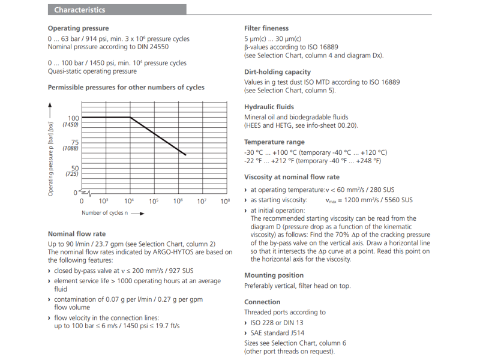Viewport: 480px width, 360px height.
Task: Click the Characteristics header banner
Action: [x=116, y=10]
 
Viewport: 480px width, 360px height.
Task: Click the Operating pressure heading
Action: [x=78, y=28]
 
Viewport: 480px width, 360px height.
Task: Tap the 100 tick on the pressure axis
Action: [x=73, y=118]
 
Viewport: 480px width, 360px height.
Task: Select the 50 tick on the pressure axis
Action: [x=74, y=167]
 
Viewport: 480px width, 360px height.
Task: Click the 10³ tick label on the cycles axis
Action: [x=103, y=201]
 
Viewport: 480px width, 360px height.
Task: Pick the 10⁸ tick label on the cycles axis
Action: [x=225, y=201]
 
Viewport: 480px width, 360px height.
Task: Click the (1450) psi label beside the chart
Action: [x=71, y=124]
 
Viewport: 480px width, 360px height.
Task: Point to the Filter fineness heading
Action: [x=266, y=28]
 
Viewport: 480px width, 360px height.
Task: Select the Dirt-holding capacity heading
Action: [x=277, y=72]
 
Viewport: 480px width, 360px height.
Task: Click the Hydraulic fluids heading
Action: [x=269, y=107]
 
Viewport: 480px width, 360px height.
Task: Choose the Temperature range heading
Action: [x=274, y=142]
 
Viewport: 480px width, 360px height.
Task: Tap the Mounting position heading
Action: [x=273, y=275]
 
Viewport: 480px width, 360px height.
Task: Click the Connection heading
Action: [x=262, y=302]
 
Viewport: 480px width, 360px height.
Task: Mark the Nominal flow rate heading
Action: [x=77, y=234]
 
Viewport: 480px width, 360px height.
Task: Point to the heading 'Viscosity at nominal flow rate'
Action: [x=292, y=177]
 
